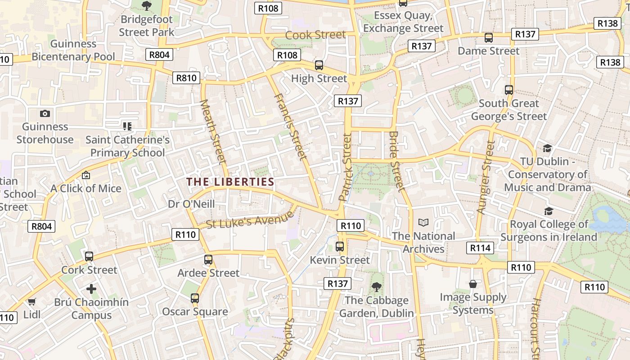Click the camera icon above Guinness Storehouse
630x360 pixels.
tap(45, 113)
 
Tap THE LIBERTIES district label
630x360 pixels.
tap(230, 182)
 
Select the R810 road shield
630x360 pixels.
tap(186, 78)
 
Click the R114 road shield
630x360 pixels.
tap(481, 247)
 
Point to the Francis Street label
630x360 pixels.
tap(290, 127)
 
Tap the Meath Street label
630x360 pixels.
tap(212, 131)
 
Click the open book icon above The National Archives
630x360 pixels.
tap(423, 222)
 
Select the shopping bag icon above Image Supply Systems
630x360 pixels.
tap(473, 284)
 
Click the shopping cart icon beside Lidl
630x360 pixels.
tap(31, 301)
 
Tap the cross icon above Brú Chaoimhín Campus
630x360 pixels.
tap(91, 288)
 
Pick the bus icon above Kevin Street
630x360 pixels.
tap(340, 247)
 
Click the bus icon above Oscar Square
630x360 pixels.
tap(195, 298)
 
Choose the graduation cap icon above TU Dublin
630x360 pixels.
tap(547, 148)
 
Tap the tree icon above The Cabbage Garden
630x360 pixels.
tap(376, 287)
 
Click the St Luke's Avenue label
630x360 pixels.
tap(247, 221)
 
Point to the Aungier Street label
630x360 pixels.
tap(485, 177)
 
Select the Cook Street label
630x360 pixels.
tap(315, 35)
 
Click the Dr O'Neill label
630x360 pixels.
tap(191, 204)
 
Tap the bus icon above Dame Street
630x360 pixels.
tap(489, 38)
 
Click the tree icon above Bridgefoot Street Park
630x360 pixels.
tap(146, 6)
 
